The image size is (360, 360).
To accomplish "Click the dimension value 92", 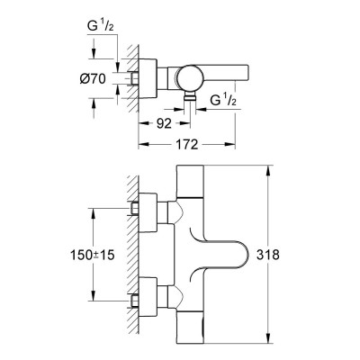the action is coord(164,123).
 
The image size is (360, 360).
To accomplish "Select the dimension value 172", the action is coord(186,144).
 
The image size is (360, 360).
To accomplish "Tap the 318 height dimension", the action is coord(268,255).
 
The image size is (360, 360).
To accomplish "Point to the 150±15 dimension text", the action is coord(92,255).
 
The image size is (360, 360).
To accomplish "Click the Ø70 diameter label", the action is coord(93,79).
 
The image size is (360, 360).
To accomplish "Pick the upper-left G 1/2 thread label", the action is coord(100,26).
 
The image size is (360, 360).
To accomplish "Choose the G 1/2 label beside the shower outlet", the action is coord(223,100).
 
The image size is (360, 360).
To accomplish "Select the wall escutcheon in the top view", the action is coord(148,78).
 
